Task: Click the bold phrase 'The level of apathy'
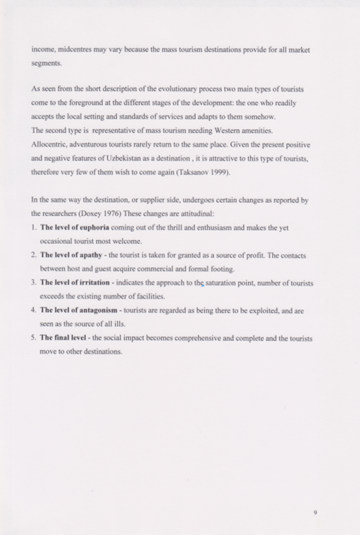(71, 255)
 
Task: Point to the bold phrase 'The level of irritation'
(75, 283)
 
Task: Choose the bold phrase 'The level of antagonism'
(78, 310)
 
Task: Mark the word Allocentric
(49, 144)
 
